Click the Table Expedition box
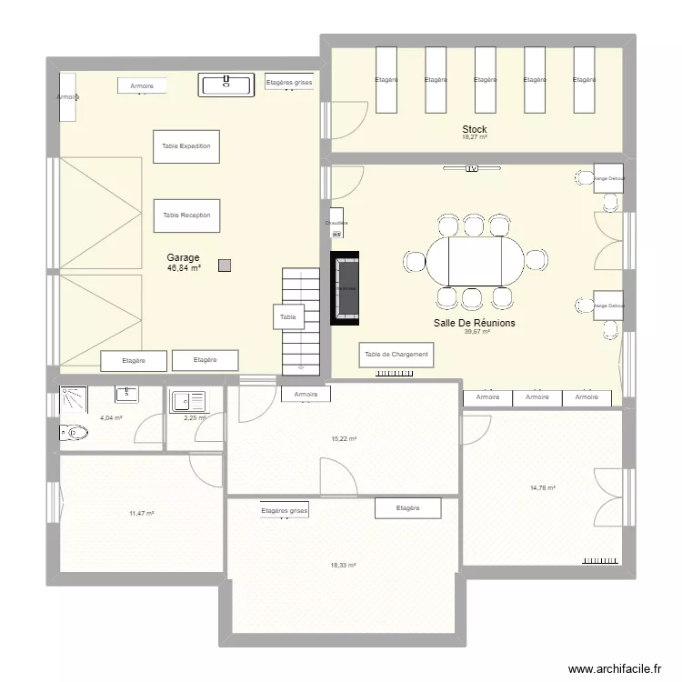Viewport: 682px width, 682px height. point(186,146)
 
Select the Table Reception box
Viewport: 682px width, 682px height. point(186,216)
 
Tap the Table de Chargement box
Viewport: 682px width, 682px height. point(396,355)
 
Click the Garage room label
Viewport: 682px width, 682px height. point(183,257)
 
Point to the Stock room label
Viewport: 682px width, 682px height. point(474,130)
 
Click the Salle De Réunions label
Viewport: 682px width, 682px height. point(476,323)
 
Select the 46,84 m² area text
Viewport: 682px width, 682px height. point(184,268)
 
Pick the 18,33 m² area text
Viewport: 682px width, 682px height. point(344,565)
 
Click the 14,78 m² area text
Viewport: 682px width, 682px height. point(542,488)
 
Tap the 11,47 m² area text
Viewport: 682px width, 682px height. point(141,514)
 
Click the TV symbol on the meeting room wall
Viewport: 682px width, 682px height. point(472,168)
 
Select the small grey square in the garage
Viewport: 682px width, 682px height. point(225,266)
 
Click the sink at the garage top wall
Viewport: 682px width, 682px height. point(225,85)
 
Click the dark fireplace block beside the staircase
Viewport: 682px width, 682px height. point(346,288)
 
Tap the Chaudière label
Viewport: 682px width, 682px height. point(336,223)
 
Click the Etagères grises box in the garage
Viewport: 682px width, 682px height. point(288,83)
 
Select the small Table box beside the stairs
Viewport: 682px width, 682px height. point(288,317)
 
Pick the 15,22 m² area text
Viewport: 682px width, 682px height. point(344,438)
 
